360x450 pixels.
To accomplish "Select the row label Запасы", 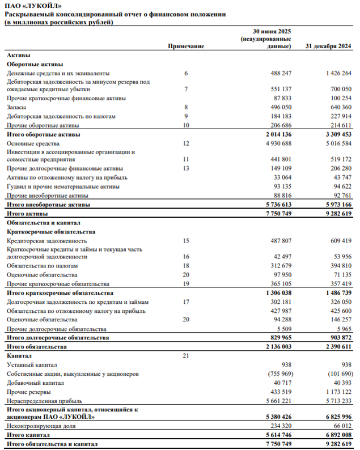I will tap(16, 107).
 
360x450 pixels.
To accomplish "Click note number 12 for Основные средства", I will tap(186, 143).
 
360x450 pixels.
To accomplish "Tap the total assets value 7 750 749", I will tap(277, 213).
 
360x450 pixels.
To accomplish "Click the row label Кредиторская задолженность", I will tap(46, 240).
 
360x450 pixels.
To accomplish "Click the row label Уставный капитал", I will tap(32, 365).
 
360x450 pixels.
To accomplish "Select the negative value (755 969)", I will tap(277, 373).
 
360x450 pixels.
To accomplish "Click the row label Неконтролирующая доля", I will tap(41, 426).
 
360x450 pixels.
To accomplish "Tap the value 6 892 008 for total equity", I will tap(336, 435).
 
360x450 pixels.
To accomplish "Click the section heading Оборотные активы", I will tap(35, 65).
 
